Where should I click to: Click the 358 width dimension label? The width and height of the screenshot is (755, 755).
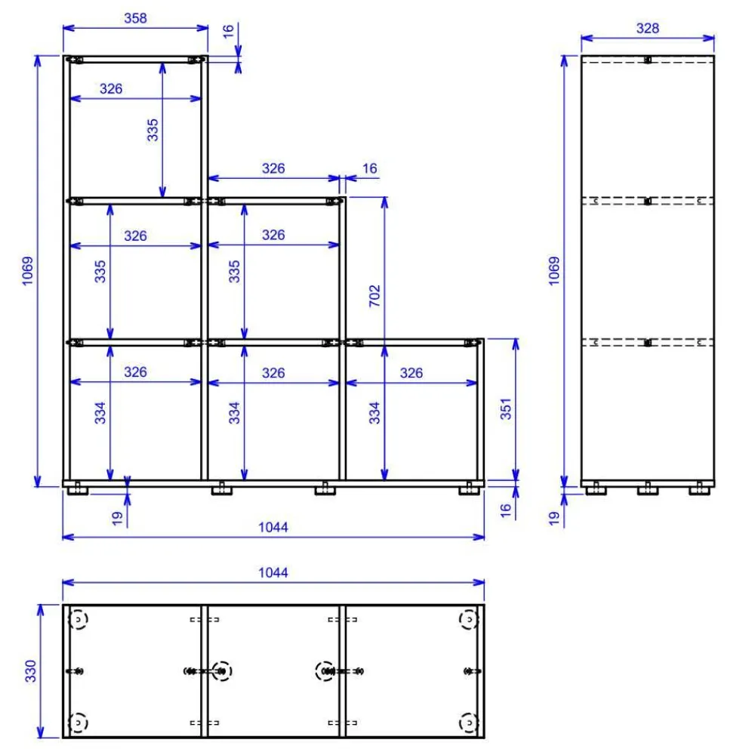[x=135, y=18]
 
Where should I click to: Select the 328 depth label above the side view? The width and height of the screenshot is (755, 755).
[x=648, y=29]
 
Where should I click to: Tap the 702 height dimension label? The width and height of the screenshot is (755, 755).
[x=374, y=296]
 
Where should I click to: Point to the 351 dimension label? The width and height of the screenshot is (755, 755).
[x=506, y=408]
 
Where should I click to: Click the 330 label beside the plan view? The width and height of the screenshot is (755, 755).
[x=30, y=670]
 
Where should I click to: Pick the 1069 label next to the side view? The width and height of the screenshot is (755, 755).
[x=554, y=270]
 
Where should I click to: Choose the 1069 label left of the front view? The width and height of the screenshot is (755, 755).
[x=27, y=270]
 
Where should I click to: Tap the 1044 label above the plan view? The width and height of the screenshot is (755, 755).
[x=273, y=572]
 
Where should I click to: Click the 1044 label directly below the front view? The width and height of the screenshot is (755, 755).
[x=273, y=527]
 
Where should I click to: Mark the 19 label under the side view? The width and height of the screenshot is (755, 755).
[x=554, y=518]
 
